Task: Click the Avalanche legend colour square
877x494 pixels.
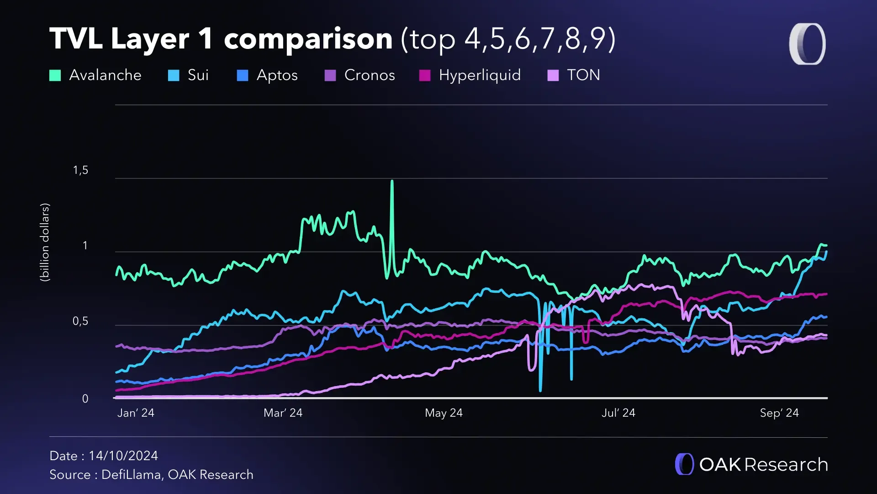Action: [x=55, y=75]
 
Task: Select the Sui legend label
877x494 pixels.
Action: [x=198, y=75]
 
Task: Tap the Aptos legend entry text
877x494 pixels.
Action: [x=277, y=75]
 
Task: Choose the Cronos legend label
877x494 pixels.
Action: [x=369, y=75]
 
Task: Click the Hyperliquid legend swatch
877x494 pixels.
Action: [x=425, y=75]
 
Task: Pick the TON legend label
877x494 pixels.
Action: [x=583, y=75]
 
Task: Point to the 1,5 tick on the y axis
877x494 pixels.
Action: [x=80, y=170]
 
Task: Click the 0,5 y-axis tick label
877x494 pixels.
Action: [x=80, y=321]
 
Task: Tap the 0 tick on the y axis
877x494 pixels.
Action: [x=85, y=399]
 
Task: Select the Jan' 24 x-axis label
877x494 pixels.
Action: [x=136, y=413]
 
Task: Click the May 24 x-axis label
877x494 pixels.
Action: [x=444, y=413]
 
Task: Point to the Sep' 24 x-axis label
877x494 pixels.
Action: [x=779, y=413]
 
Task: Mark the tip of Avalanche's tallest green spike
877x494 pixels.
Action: [x=392, y=182]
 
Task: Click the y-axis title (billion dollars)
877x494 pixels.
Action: [x=45, y=242]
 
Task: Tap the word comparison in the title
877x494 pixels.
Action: [x=308, y=39]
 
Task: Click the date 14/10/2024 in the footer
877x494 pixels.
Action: [x=123, y=456]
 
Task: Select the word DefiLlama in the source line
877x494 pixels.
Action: [x=131, y=475]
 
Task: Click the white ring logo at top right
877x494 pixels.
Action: [x=807, y=44]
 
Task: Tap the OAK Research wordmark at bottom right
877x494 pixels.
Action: [x=763, y=465]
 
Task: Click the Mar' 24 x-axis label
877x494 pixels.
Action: [x=283, y=413]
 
